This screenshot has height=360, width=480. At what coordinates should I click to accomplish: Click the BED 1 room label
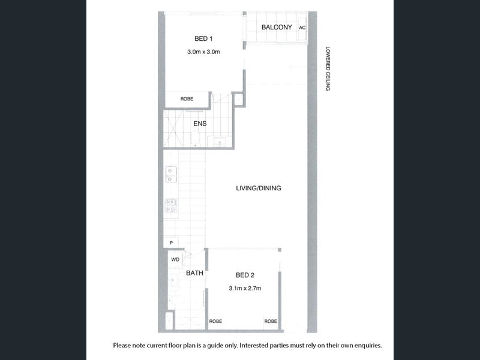point(203,38)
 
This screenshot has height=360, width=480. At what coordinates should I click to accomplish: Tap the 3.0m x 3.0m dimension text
point(203,52)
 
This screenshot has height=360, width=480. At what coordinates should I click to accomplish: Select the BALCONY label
point(277,27)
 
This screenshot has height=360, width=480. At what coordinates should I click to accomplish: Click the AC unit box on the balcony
point(302,28)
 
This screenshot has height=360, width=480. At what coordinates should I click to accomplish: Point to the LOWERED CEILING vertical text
point(328,68)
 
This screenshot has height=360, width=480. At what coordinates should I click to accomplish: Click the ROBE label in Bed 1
point(187,99)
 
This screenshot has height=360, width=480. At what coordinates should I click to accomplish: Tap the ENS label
point(200,124)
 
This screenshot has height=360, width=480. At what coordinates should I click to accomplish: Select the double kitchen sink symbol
point(171,175)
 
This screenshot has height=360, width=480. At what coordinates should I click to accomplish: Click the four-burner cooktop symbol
point(171,205)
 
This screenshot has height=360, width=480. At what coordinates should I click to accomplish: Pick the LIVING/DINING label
point(259,188)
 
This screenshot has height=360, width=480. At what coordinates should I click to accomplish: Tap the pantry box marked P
point(171,242)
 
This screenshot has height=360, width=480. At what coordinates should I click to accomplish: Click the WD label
point(175,260)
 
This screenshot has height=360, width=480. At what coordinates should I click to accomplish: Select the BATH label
point(194,273)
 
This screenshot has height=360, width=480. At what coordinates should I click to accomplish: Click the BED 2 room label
point(245,275)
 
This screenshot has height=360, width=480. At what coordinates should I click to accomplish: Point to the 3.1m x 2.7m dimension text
point(245,289)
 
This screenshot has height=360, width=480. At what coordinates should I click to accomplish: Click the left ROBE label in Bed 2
point(215,321)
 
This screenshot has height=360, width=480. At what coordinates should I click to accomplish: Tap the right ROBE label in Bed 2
point(271,321)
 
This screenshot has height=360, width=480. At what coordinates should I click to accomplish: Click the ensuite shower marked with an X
point(173,128)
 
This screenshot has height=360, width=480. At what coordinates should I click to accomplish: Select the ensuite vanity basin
point(220,142)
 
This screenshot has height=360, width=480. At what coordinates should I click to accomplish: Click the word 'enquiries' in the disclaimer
point(367,346)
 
